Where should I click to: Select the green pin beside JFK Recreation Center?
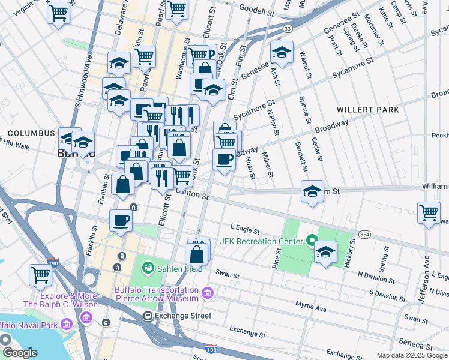click(311, 242)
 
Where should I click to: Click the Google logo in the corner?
click(20, 353)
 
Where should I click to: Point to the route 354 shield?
click(364, 233)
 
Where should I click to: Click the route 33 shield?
click(288, 28)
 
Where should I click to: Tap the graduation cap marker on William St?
click(312, 191)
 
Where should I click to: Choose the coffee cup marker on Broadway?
click(224, 159)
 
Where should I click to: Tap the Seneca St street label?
click(420, 346)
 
